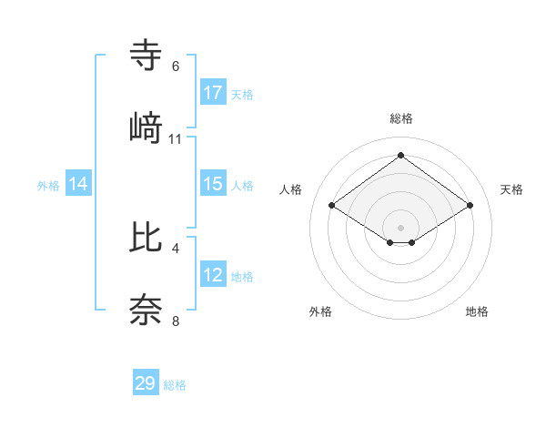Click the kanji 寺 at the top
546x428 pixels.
point(147,55)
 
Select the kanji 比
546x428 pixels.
point(147,237)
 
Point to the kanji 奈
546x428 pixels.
point(147,311)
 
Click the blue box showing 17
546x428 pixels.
point(213,93)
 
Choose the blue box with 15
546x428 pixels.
point(213,184)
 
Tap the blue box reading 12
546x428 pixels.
point(213,275)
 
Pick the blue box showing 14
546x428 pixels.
point(78,184)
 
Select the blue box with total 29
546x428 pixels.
point(146,383)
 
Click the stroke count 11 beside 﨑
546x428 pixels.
point(176,139)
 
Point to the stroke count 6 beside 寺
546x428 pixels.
point(176,66)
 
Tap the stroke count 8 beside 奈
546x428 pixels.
point(176,321)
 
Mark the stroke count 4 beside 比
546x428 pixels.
point(176,248)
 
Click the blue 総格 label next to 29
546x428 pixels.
point(175,385)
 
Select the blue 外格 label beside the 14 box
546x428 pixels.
point(48,185)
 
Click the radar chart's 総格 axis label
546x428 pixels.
point(400,119)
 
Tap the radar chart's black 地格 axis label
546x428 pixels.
point(477,311)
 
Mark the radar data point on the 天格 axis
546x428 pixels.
point(470,206)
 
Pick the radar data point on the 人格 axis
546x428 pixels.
point(332,206)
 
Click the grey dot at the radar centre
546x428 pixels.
point(400,227)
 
